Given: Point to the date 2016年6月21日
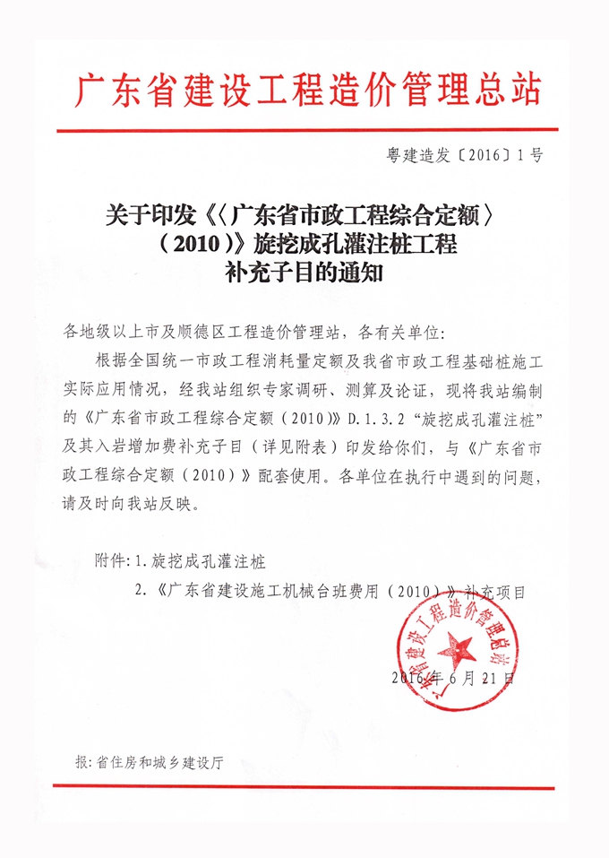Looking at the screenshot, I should [453, 679].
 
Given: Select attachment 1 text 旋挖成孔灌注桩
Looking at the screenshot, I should [209, 563].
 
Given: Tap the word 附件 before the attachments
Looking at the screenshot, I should [111, 563].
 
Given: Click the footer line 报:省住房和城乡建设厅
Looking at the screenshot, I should [150, 762].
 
